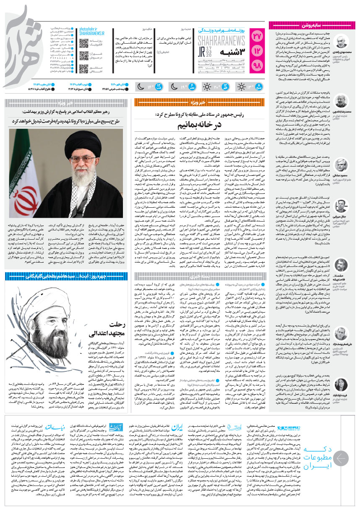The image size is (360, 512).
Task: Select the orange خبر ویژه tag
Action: [196, 102]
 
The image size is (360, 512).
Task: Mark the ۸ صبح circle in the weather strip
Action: [261, 87]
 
